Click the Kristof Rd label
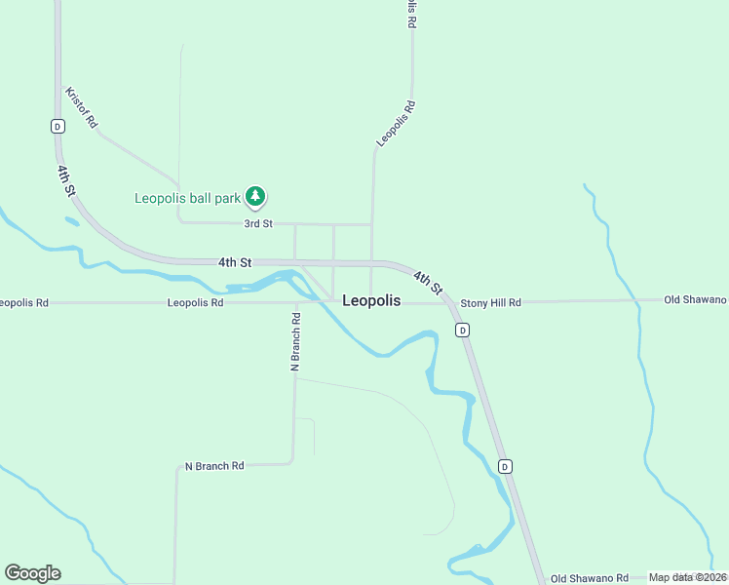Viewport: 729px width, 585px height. click(x=81, y=108)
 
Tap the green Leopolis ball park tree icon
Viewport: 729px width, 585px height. click(x=255, y=197)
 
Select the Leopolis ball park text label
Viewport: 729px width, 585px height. click(x=187, y=198)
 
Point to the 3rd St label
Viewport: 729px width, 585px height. click(x=258, y=224)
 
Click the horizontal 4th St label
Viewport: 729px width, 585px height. click(x=235, y=262)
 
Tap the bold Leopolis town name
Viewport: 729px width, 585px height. click(x=371, y=301)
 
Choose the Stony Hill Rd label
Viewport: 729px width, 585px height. click(x=491, y=303)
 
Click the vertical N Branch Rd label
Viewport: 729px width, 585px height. click(x=295, y=340)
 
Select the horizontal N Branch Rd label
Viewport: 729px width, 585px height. click(x=214, y=466)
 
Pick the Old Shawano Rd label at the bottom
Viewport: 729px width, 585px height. click(x=590, y=578)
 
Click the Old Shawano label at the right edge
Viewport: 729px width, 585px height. click(x=695, y=299)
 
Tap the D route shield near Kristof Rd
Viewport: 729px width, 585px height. click(x=58, y=126)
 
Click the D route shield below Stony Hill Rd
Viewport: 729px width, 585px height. click(x=463, y=331)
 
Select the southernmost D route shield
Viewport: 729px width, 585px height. click(x=505, y=466)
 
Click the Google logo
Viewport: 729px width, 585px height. click(x=32, y=573)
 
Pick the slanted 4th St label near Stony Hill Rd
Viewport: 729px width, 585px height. click(x=428, y=283)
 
